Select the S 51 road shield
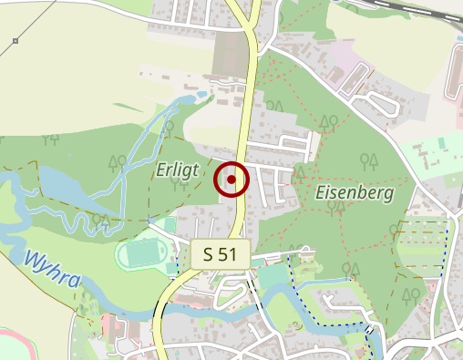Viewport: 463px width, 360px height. pos(221,255)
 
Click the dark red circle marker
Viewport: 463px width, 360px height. pos(231,180)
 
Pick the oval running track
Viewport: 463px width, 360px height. pos(141,252)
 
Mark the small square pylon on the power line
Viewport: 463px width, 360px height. pos(15,41)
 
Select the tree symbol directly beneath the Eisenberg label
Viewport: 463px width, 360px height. pos(336,210)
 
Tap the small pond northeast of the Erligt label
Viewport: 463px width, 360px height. pos(197,97)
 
